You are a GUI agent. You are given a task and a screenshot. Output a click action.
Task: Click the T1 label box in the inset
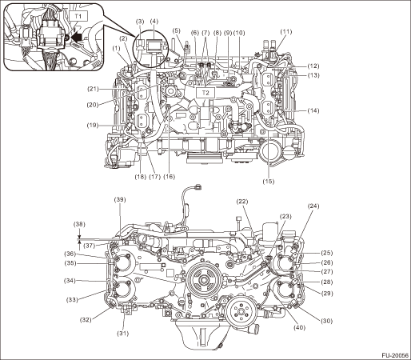pyautogui.click(x=78, y=16)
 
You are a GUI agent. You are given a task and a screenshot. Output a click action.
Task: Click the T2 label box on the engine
pyautogui.click(x=205, y=93)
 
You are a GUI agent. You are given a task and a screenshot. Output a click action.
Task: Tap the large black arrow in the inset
pyautogui.click(x=76, y=38)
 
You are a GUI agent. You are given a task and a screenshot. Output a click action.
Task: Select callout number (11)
pyautogui.click(x=286, y=32)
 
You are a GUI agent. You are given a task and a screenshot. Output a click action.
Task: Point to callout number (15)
pyautogui.click(x=268, y=182)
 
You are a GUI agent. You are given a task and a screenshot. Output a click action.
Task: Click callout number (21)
pyautogui.click(x=94, y=89)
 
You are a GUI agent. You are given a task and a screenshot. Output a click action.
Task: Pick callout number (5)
pyautogui.click(x=176, y=30)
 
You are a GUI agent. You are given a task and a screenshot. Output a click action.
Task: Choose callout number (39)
pyautogui.click(x=120, y=199)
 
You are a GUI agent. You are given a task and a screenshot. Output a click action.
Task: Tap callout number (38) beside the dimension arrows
pyautogui.click(x=79, y=224)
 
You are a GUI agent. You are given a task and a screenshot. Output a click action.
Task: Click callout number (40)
pyautogui.click(x=299, y=327)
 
